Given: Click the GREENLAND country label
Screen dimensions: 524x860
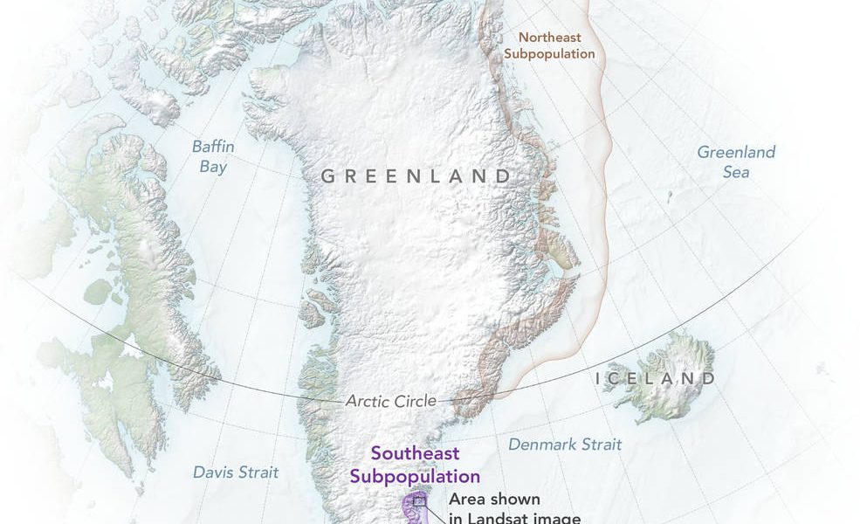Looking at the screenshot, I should coord(416,176).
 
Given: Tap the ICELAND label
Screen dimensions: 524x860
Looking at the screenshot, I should coord(655,378).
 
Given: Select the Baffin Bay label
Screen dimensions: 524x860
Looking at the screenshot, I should coord(213,156).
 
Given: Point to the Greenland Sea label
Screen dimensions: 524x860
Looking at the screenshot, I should coord(735,162).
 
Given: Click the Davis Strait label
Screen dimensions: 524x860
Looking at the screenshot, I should coord(236,472).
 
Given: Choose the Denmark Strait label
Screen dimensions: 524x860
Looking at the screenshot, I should coord(565,445).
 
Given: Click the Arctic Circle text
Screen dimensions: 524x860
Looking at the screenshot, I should coord(390,401).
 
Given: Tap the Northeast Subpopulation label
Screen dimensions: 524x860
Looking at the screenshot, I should coord(557,45).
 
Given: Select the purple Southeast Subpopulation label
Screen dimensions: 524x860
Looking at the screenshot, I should coord(415,465).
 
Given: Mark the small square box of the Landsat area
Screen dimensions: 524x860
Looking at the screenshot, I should coord(420,500).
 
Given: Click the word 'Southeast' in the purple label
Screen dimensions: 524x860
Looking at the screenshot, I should coord(415,454).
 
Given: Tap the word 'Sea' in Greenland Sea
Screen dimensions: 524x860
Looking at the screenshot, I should coord(736,172).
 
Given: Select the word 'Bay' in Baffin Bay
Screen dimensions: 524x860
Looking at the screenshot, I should coord(213,166).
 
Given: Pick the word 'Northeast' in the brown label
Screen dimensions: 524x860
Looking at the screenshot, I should coord(549,37).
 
